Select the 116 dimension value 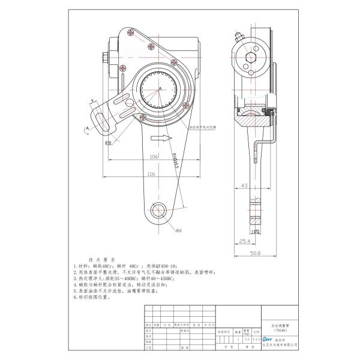click(x=151, y=173)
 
